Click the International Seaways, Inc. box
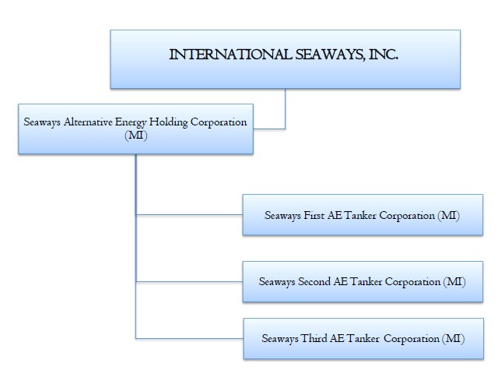coord(285,58)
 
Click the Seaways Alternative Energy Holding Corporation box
coord(135,129)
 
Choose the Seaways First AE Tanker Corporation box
coord(362,214)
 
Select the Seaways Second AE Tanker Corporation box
coord(363,280)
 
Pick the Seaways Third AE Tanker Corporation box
coord(363,338)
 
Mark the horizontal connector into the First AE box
coord(189,214)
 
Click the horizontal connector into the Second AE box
coord(189,280)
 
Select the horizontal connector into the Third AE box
coord(189,338)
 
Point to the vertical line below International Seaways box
coord(286,108)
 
